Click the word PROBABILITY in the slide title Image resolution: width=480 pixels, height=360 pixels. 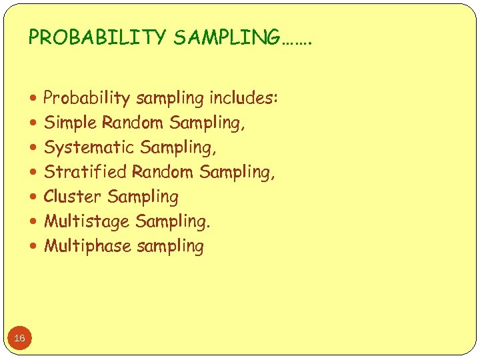pyautogui.click(x=97, y=38)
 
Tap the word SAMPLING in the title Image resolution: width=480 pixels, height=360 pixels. pyautogui.click(x=227, y=38)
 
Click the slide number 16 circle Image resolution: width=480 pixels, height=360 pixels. pyautogui.click(x=19, y=339)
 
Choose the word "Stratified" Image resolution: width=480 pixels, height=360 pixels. pyautogui.click(x=85, y=172)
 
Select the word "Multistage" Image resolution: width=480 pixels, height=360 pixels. pyautogui.click(x=87, y=221)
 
